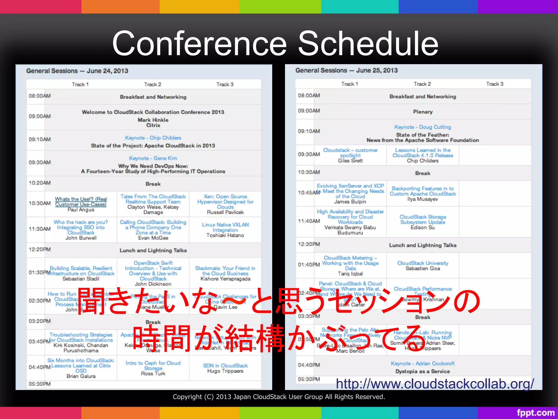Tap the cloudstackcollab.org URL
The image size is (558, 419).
pos(435,384)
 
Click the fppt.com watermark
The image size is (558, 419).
pos(535,412)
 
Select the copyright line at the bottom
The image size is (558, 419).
pos(279,397)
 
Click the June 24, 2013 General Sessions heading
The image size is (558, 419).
pos(77,71)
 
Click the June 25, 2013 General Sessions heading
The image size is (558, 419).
pos(347,70)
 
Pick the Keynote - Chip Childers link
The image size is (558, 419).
pos(153,138)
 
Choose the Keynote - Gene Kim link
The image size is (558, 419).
pos(153,158)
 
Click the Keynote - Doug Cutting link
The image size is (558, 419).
pos(423,127)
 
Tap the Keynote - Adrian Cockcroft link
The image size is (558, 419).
pos(423,363)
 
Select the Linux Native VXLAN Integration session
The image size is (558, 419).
pos(225,227)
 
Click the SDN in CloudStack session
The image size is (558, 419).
pos(225,366)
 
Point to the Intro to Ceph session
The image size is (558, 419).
pos(153,366)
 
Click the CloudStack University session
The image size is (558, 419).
pos(423,263)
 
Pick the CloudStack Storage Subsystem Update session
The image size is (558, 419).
pos(423,219)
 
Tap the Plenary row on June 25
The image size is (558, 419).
pos(423,112)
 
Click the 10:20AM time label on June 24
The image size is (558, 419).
pos(40,183)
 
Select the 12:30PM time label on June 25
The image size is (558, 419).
pos(309,244)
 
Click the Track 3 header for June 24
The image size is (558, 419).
pos(225,84)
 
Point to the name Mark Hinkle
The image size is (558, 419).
pos(153,120)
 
